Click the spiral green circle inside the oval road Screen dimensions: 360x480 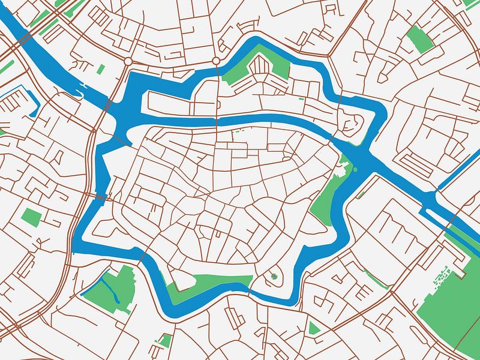click(x=274, y=277)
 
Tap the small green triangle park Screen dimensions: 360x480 click(x=313, y=328)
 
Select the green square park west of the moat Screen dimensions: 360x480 click(x=31, y=217)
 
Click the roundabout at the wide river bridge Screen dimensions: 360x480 click(x=128, y=61)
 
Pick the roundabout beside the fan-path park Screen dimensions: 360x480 click(x=216, y=61)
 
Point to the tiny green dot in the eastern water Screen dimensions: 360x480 click(x=355, y=169)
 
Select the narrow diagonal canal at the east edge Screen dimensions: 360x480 click(x=459, y=168)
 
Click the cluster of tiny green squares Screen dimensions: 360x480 click(x=443, y=276)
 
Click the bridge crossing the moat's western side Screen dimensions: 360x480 click(x=100, y=197)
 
